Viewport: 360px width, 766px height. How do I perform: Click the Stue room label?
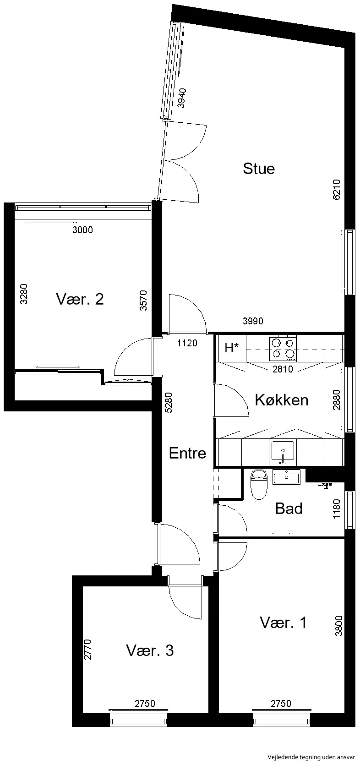[259, 169]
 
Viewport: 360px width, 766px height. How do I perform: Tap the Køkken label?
[281, 400]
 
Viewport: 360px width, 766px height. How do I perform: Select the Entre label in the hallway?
[187, 453]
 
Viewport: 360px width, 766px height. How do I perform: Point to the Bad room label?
[289, 509]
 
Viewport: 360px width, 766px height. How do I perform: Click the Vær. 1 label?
[283, 622]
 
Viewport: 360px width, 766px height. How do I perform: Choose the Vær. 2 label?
[80, 299]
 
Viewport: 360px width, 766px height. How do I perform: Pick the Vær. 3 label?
[150, 651]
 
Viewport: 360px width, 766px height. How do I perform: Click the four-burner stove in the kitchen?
[283, 349]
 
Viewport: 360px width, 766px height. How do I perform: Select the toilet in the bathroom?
[259, 484]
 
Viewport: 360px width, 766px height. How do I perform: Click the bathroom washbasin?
[287, 476]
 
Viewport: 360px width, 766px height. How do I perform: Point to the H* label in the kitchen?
[231, 348]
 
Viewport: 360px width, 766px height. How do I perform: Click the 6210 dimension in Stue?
[336, 190]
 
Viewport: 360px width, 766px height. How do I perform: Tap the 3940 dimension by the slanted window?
[182, 98]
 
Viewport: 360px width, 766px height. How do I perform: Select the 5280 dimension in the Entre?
[169, 402]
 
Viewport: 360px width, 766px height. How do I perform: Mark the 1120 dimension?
[187, 343]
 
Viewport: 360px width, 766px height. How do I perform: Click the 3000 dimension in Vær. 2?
[83, 230]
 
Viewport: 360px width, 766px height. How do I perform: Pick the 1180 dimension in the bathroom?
[336, 509]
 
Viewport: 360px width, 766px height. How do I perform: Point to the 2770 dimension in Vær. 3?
[87, 649]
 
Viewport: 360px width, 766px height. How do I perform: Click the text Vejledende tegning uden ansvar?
[311, 757]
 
